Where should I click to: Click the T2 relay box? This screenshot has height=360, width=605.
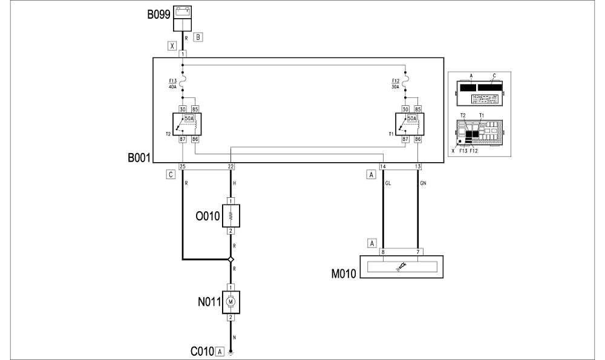pos(187,125)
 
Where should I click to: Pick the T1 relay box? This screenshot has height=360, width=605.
pos(410,125)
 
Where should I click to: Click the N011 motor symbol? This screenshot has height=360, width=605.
pos(231,300)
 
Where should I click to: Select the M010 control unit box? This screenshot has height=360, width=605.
pos(402,267)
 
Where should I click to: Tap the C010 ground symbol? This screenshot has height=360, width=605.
pos(231,351)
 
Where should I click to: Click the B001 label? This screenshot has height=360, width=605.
pos(138,160)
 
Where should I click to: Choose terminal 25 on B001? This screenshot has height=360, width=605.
pos(182,166)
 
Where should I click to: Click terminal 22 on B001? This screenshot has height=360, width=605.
pos(231,166)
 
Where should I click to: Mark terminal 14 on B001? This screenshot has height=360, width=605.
pos(382,166)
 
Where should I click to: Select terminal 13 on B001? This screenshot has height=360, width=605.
pos(418,166)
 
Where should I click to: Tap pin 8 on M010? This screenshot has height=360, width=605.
pos(382,252)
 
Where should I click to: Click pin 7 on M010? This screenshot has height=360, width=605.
pos(418,252)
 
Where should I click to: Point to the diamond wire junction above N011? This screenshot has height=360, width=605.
pos(231,260)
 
